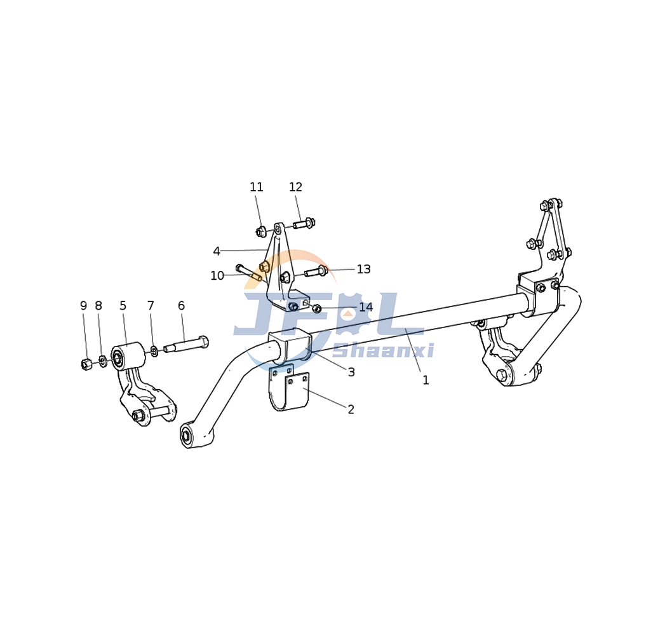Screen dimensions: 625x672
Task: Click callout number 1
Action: click(x=426, y=380)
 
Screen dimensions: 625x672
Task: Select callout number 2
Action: click(x=351, y=410)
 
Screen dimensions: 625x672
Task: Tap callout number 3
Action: click(x=351, y=373)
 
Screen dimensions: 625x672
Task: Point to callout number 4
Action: click(x=217, y=251)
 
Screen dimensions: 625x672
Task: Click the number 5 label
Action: click(x=123, y=306)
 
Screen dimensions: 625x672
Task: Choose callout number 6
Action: click(x=181, y=306)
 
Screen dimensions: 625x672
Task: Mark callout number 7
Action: click(x=151, y=306)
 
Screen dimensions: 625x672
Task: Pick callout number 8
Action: click(x=98, y=306)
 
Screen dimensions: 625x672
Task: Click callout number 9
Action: click(x=83, y=306)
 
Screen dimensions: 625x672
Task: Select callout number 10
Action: click(x=217, y=276)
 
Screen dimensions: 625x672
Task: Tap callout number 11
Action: click(x=256, y=188)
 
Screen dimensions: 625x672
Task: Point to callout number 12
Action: click(x=295, y=188)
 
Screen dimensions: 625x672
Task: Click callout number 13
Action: click(x=363, y=270)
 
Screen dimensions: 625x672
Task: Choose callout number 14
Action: click(x=366, y=308)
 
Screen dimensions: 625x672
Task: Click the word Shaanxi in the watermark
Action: click(x=383, y=351)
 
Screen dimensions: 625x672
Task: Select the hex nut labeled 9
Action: click(x=86, y=364)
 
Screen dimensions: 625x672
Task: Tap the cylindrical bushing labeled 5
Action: click(x=128, y=356)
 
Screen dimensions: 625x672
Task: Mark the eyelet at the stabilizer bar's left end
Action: click(x=186, y=436)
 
